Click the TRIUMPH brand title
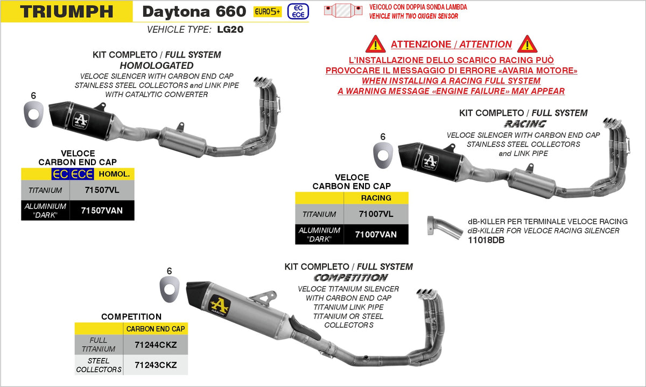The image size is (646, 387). coord(67,11)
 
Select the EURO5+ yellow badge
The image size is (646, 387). coord(268,11)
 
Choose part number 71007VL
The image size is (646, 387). coord(376,214)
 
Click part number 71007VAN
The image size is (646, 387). coord(376,234)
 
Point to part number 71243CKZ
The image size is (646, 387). coord(156,365)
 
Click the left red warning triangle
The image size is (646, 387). coord(375,44)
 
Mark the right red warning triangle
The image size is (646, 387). coord(527,44)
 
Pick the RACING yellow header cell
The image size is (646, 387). coord(376,198)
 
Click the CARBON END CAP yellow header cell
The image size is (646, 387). coord(156,328)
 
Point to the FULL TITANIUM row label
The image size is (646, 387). coord(99,344)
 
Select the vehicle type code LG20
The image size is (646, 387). coord(230,30)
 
